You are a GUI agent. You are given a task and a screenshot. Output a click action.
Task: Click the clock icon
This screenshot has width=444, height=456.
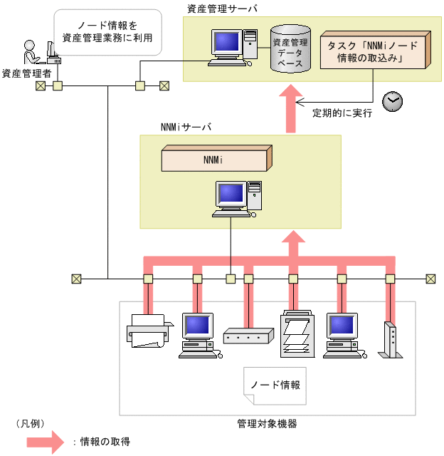pyautogui.click(x=392, y=101)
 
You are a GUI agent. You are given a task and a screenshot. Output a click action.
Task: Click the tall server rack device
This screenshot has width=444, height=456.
pyautogui.click(x=295, y=335)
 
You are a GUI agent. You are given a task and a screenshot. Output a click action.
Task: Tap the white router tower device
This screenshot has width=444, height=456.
pyautogui.click(x=388, y=341)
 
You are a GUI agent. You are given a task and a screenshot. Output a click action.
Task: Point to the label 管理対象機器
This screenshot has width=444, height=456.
pyautogui.click(x=268, y=424)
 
